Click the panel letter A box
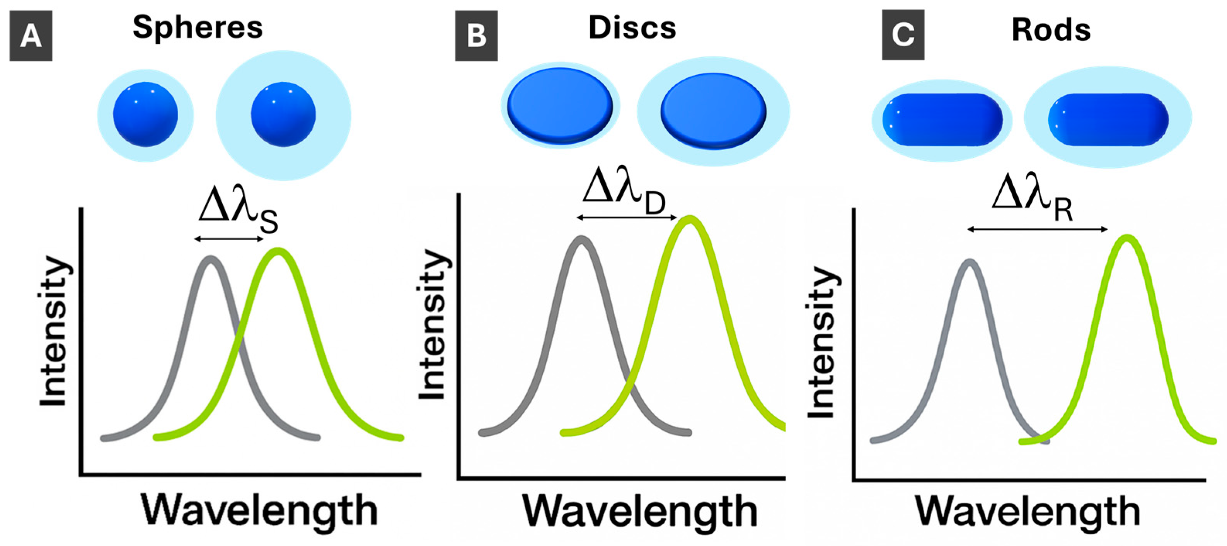[31, 36]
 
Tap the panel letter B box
[476, 36]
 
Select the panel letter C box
[903, 35]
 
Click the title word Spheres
[198, 27]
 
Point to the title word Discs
[632, 27]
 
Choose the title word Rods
[1051, 30]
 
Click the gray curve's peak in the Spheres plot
[211, 260]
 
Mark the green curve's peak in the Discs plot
[689, 219]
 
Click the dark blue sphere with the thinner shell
[145, 114]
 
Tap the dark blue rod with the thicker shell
[1108, 119]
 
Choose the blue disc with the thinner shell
[560, 105]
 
